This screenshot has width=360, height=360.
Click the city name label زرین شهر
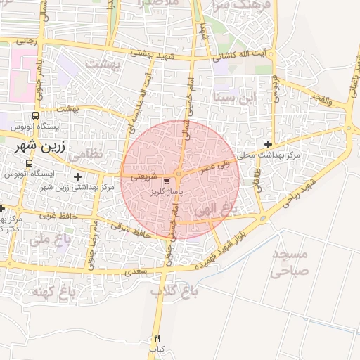coord(39,148)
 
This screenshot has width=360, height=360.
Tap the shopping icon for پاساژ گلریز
coord(166,180)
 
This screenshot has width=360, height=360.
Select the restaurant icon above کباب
coord(157,338)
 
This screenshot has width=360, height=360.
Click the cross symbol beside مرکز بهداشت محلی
coord(268,144)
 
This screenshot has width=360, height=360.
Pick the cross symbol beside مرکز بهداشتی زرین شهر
coord(77,176)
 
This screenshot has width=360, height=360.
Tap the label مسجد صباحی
coord(290,262)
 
